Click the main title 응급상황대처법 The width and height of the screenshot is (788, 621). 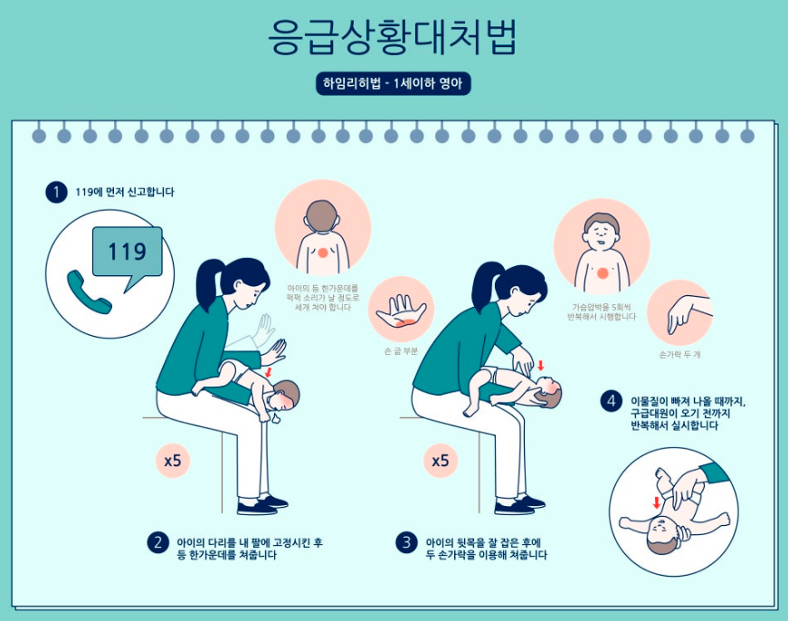point(393,36)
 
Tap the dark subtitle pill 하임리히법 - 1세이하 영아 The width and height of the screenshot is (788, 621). point(393,83)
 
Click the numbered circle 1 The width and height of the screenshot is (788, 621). point(56,192)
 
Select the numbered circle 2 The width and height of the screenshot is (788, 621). point(157,542)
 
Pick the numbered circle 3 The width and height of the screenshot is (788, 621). point(406,542)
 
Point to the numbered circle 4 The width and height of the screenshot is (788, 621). point(611,401)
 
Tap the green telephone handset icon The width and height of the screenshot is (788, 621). point(89,292)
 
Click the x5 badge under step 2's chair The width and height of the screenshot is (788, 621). point(173,460)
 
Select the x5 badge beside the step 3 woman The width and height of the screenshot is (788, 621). point(441,460)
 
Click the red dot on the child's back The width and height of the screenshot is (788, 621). point(323,253)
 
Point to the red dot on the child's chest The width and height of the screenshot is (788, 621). point(603,273)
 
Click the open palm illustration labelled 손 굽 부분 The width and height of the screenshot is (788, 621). point(402,310)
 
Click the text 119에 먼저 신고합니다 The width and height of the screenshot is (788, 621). point(125,192)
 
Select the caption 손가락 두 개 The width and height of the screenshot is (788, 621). point(679,355)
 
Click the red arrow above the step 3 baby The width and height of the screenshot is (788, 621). point(541,365)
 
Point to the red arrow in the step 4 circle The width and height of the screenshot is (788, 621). point(656,502)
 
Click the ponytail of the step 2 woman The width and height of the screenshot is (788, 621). point(206,286)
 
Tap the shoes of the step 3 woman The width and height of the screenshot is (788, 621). point(519,505)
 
